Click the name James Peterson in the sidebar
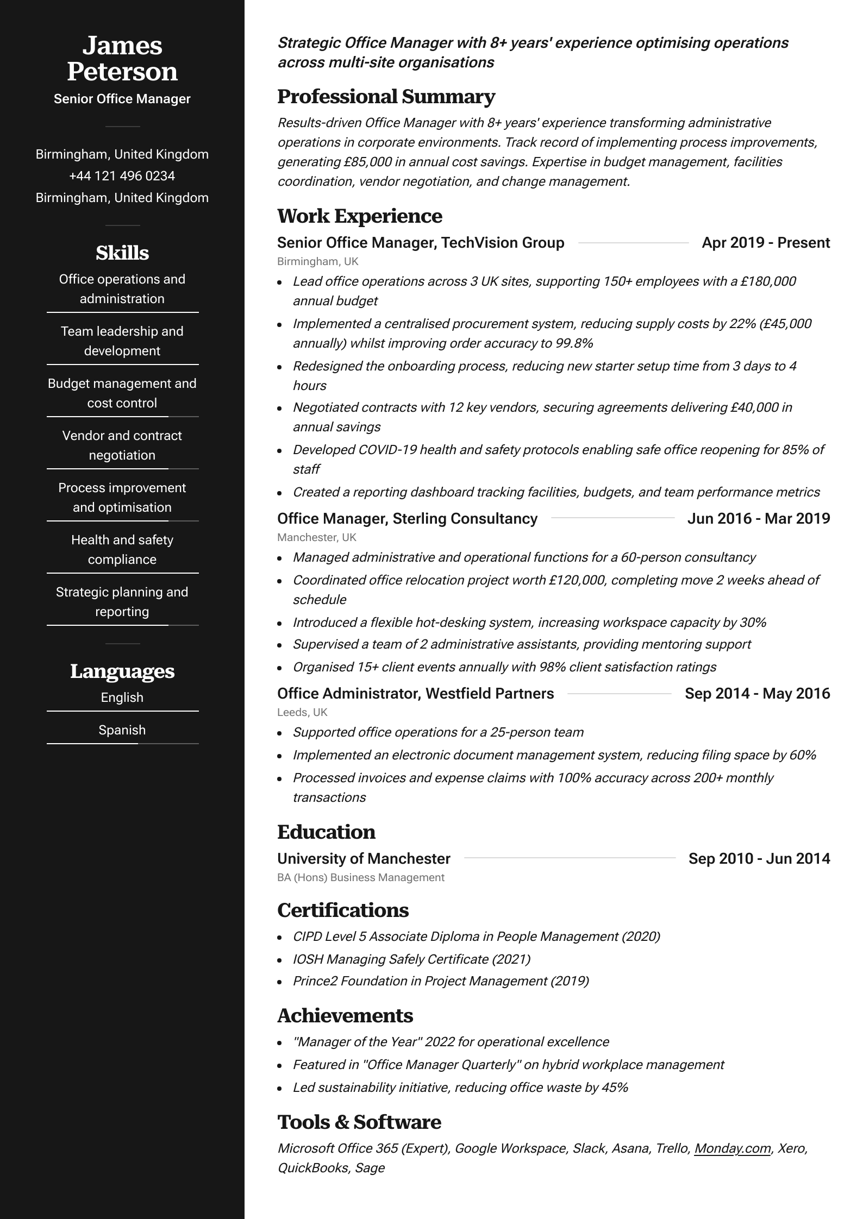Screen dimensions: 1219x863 [122, 59]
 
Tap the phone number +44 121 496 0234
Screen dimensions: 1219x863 [122, 176]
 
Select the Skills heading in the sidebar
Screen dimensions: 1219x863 [122, 253]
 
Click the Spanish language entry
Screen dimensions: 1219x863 [122, 730]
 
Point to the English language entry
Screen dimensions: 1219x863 [122, 698]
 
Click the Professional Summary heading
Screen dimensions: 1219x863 [386, 97]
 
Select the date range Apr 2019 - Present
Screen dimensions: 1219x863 [766, 243]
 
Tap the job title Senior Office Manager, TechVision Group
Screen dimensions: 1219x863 [421, 243]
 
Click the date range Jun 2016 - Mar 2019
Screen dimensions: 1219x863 [759, 519]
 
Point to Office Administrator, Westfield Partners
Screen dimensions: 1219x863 [415, 694]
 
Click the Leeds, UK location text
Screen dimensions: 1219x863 [302, 712]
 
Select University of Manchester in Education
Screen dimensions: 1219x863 [364, 859]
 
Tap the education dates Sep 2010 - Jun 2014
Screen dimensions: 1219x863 [759, 859]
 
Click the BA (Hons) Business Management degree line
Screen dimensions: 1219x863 [361, 877]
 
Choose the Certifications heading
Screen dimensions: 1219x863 [343, 910]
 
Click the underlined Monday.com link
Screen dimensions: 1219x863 [733, 1148]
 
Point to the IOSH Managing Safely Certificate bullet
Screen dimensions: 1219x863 [411, 959]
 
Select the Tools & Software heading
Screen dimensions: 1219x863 [359, 1122]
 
